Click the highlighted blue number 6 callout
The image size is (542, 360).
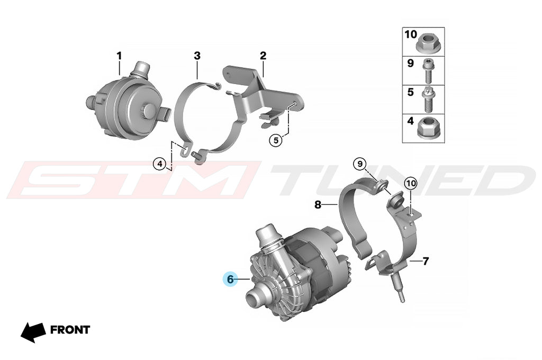pyautogui.click(x=231, y=278)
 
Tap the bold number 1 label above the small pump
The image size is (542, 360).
pyautogui.click(x=119, y=56)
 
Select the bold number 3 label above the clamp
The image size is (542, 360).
pyautogui.click(x=197, y=56)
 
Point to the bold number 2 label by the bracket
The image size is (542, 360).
pyautogui.click(x=263, y=56)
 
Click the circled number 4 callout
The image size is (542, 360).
pyautogui.click(x=159, y=164)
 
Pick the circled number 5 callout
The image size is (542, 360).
pyautogui.click(x=276, y=140)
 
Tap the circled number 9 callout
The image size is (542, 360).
pyautogui.click(x=360, y=164)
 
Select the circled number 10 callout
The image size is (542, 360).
pyautogui.click(x=411, y=183)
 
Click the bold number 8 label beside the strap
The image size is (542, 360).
pyautogui.click(x=318, y=205)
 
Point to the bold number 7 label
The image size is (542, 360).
pyautogui.click(x=426, y=261)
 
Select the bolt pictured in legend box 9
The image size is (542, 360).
pyautogui.click(x=427, y=70)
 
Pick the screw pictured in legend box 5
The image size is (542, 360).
pyautogui.click(x=428, y=100)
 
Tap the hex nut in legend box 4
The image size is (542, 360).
pyautogui.click(x=427, y=128)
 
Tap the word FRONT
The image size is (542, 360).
pyautogui.click(x=70, y=330)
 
